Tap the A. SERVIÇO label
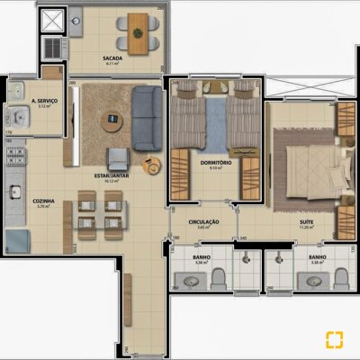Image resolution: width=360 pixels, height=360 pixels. click(x=44, y=101)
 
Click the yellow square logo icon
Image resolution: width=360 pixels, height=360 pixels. click(x=335, y=339)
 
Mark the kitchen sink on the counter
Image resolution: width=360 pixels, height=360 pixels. click(x=15, y=192)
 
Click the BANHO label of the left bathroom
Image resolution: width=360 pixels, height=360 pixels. click(x=202, y=258)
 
